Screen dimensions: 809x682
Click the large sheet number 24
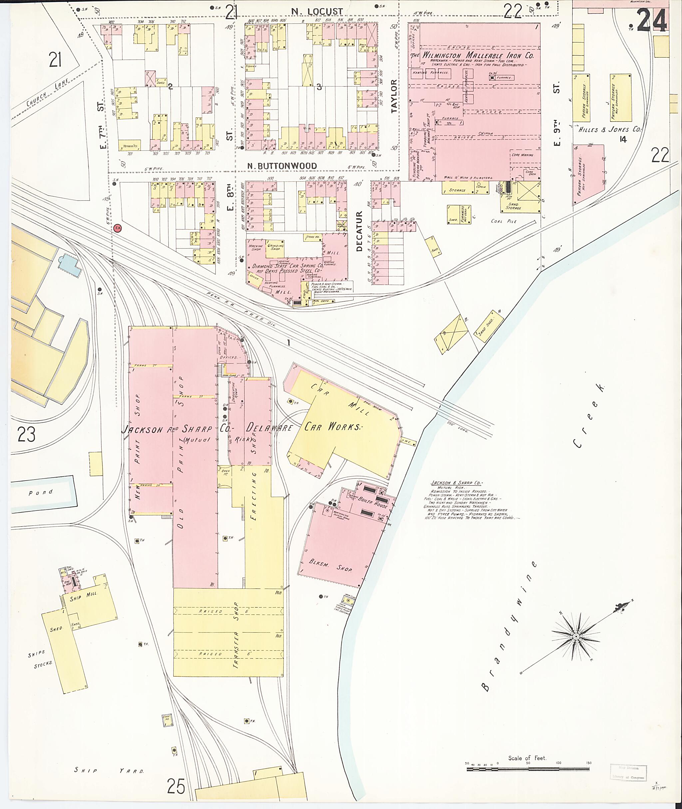click(652, 20)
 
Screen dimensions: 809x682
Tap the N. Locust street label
click(317, 12)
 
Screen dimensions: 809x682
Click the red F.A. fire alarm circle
click(118, 228)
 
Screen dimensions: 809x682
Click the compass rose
click(576, 636)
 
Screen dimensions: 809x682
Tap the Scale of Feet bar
click(528, 770)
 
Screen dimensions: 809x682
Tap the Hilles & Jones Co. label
click(609, 130)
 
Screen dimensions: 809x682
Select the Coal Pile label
click(504, 221)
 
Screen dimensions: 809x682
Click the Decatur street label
click(359, 231)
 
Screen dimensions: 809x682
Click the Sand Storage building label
click(513, 206)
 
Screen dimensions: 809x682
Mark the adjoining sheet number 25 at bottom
click(176, 785)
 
